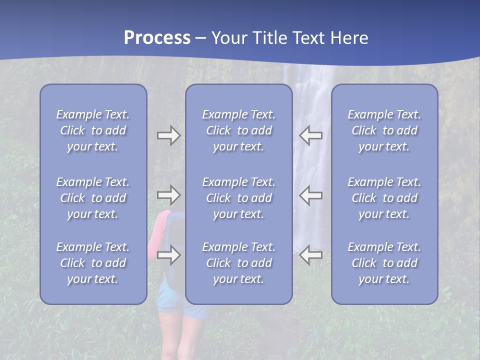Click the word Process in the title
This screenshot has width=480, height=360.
157,38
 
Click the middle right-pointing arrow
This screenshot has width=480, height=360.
168,195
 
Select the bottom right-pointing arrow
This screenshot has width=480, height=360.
168,255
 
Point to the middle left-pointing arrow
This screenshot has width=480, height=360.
310,195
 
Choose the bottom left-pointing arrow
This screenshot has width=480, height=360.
310,255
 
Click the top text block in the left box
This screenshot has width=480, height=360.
93,130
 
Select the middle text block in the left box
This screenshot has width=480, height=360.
93,198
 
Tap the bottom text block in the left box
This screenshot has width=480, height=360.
93,263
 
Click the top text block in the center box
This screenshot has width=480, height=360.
238,130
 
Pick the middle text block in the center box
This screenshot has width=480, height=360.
238,198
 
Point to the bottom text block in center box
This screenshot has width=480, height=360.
238,263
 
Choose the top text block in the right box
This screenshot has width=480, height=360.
384,130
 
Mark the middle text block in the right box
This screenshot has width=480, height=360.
384,198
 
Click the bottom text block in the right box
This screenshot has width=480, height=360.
384,263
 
